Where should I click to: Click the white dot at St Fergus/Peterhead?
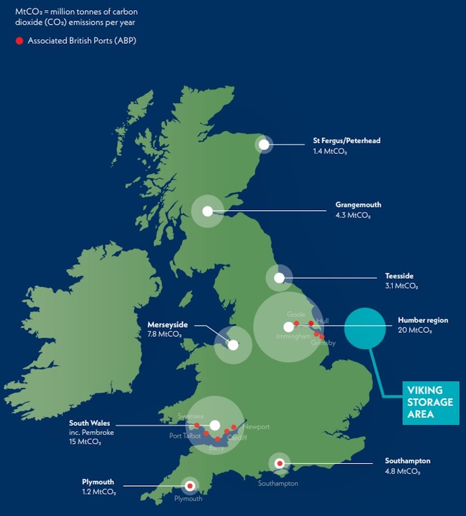(x=264, y=145)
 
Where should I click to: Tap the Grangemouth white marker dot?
(x=207, y=211)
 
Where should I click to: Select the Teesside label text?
(x=399, y=276)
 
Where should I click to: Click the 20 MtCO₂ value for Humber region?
(x=415, y=330)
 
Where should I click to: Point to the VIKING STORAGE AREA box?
(x=430, y=402)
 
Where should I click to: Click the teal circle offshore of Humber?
(x=365, y=328)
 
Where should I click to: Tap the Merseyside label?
(x=167, y=325)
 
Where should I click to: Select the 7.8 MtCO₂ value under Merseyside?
(x=164, y=335)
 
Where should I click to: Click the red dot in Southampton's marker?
(x=280, y=463)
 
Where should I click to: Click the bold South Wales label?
(x=89, y=423)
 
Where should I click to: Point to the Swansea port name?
(x=190, y=416)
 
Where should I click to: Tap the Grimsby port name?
(x=323, y=343)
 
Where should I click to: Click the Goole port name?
(x=296, y=314)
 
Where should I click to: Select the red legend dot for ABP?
(x=19, y=41)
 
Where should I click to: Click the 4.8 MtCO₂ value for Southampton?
(x=403, y=471)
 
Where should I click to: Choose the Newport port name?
(x=257, y=427)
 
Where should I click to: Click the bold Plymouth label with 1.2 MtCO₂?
(x=98, y=482)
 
